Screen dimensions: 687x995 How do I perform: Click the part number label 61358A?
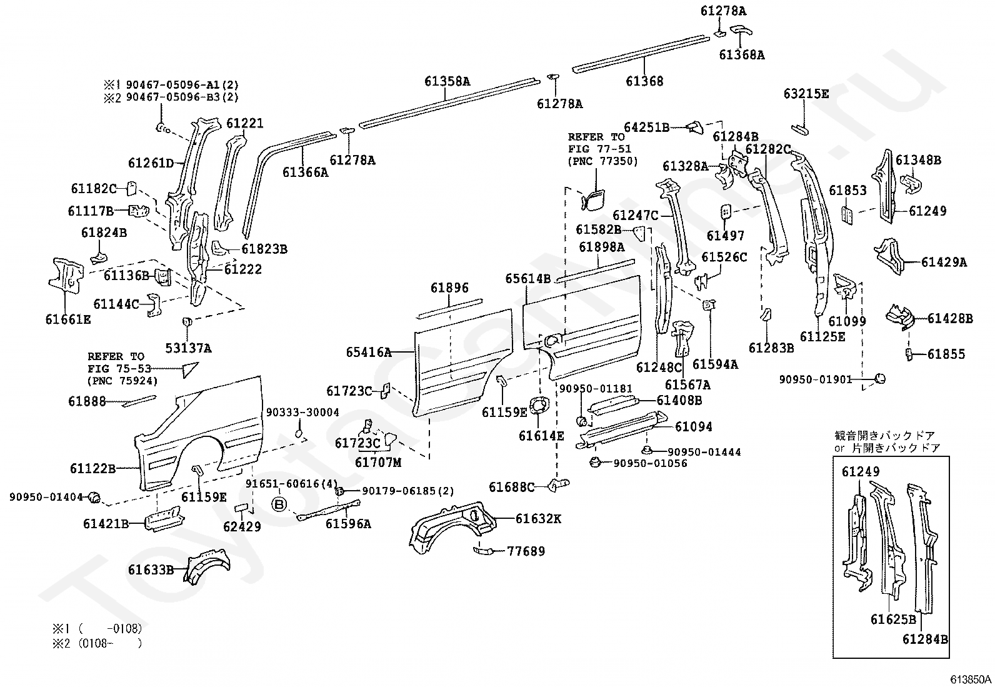coord(447,81)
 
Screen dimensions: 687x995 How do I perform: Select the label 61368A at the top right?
coord(741,55)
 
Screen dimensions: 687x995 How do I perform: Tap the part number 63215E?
coord(806,94)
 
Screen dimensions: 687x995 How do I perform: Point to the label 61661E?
coord(68,319)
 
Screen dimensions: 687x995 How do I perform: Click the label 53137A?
coord(188,348)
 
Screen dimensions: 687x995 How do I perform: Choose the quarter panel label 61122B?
coord(92,468)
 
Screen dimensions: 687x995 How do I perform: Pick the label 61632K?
coord(539,518)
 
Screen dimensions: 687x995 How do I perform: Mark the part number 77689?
coord(526,551)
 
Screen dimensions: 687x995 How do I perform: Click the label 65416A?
coord(368,353)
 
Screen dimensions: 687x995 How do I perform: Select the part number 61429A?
coord(944,263)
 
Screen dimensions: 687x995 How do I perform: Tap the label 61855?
coord(946,354)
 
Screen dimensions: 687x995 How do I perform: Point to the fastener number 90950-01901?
coord(815,379)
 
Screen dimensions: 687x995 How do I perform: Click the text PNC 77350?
coord(602,161)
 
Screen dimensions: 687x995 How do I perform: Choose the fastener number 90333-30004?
coord(302,413)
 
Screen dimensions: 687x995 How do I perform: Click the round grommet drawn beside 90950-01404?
coord(94,498)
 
